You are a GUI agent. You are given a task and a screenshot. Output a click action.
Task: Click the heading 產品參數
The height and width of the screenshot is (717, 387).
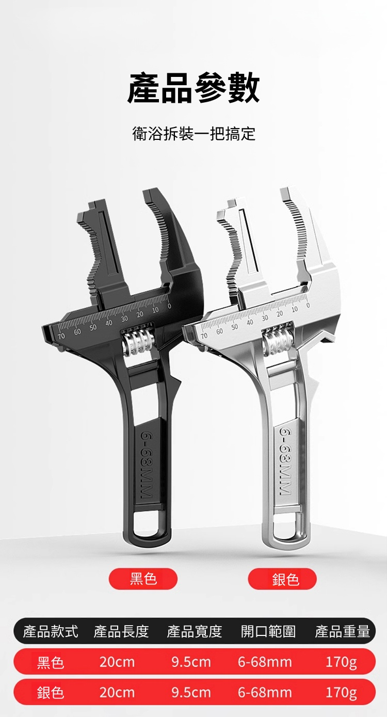pyautogui.click(x=193, y=88)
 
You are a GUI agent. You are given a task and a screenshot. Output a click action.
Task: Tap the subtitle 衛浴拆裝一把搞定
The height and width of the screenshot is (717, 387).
pyautogui.click(x=194, y=134)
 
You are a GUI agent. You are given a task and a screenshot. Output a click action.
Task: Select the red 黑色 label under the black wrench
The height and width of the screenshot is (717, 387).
pyautogui.click(x=143, y=579)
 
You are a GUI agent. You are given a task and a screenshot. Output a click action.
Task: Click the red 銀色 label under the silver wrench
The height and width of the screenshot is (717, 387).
pyautogui.click(x=282, y=579)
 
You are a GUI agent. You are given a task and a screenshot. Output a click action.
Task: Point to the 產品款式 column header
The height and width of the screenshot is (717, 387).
pyautogui.click(x=50, y=631)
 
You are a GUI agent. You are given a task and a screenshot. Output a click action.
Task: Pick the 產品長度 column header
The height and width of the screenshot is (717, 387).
pyautogui.click(x=121, y=631)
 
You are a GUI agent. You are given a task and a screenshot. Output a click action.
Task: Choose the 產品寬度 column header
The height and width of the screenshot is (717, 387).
pyautogui.click(x=195, y=631)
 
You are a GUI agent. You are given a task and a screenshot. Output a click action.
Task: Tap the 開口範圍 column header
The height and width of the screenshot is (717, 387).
pyautogui.click(x=268, y=631)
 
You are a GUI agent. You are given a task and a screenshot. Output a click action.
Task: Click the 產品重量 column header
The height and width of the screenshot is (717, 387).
pyautogui.click(x=342, y=631)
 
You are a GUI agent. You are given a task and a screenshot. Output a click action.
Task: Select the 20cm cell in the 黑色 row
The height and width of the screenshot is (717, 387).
pyautogui.click(x=117, y=662)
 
